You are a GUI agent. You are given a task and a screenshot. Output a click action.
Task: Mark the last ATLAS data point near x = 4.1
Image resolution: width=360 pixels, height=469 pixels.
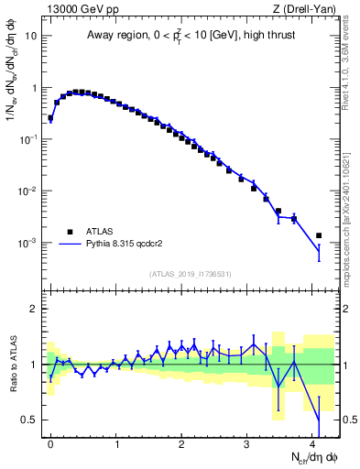tap(319, 235)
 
